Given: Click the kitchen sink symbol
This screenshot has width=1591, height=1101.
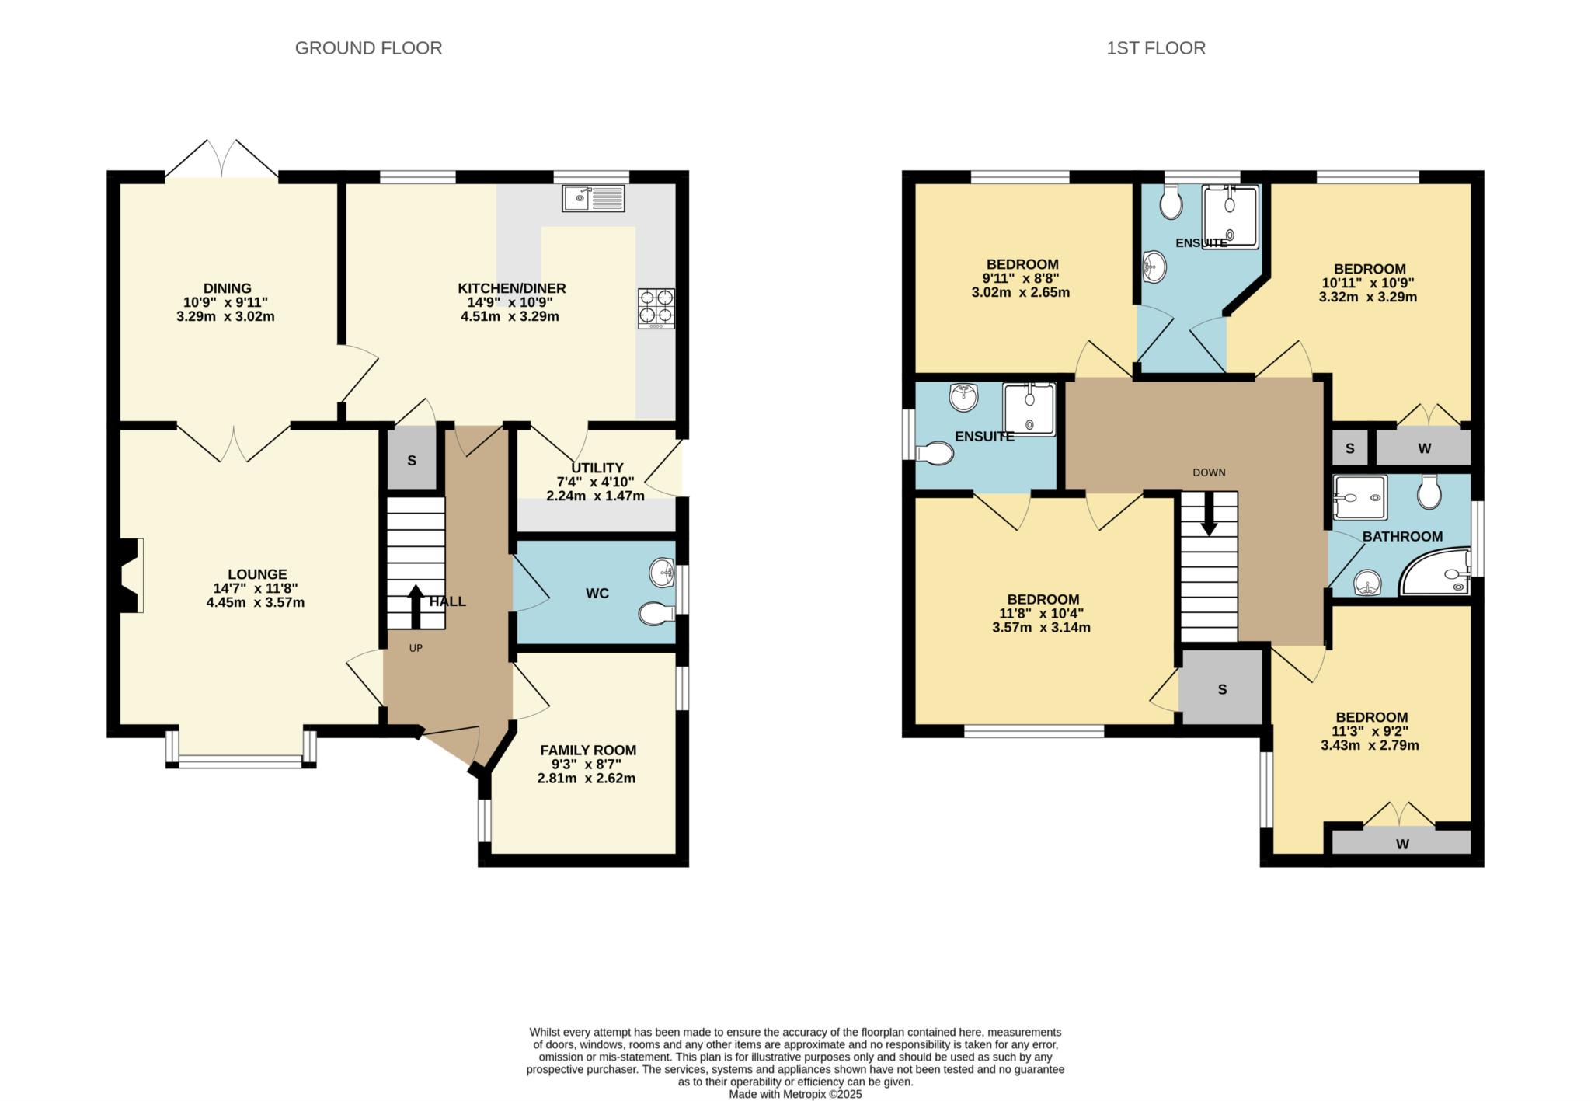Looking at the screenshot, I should point(593,198).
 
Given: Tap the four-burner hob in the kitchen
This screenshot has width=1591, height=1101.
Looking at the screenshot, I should point(656,308).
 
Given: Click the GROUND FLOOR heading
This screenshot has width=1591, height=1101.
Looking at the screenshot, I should point(368,48).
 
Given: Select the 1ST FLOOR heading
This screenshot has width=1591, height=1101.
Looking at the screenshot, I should point(1155,48).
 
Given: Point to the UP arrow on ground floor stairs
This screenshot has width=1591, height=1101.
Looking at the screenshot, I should point(415,607).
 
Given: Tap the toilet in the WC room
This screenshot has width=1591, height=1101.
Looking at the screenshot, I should point(656,615).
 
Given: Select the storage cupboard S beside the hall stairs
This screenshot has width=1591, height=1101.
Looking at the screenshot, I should point(412,461).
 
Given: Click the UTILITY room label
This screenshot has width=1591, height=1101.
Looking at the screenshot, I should point(597,468).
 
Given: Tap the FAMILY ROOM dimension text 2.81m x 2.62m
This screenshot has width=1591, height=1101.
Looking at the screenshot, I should point(587,778).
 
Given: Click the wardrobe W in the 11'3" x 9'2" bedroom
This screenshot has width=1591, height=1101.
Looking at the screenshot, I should point(1402,844).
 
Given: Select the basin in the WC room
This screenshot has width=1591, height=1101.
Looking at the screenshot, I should point(662,573).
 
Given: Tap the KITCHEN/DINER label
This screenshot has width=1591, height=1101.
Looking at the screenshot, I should point(511,288).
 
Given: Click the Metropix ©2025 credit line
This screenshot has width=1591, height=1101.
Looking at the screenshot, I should point(795,1094).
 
